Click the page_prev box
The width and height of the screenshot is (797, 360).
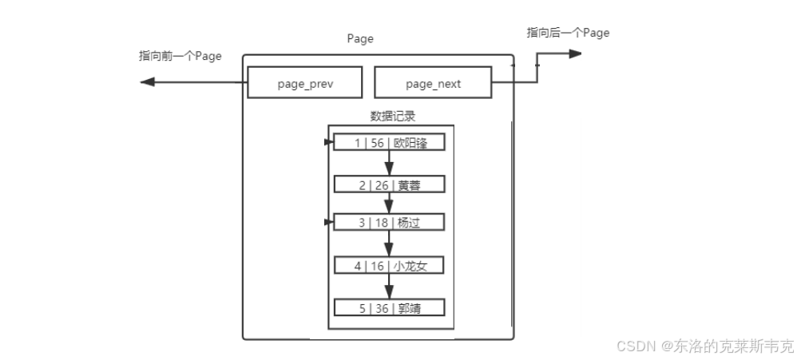[304, 83]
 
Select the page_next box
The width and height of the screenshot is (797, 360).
[433, 83]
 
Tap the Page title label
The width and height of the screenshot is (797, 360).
[360, 38]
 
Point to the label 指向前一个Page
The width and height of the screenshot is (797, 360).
[180, 57]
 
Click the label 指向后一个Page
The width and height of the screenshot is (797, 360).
[568, 33]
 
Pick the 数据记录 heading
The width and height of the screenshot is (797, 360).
[392, 116]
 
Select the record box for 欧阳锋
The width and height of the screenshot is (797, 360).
[389, 143]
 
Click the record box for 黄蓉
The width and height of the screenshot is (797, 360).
[389, 185]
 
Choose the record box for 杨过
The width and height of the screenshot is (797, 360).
[389, 223]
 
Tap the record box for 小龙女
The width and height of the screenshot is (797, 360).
[389, 266]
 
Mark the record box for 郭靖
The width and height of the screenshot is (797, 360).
[389, 307]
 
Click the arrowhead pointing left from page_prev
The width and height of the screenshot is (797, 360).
[146, 82]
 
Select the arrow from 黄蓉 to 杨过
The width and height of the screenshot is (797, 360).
[389, 204]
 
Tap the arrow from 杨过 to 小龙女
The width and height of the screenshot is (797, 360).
[389, 244]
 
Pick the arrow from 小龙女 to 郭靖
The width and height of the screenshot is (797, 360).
[389, 287]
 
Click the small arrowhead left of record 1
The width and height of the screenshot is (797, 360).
[329, 143]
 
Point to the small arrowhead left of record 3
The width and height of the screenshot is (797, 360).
[329, 222]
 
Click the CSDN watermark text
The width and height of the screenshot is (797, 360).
[705, 346]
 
